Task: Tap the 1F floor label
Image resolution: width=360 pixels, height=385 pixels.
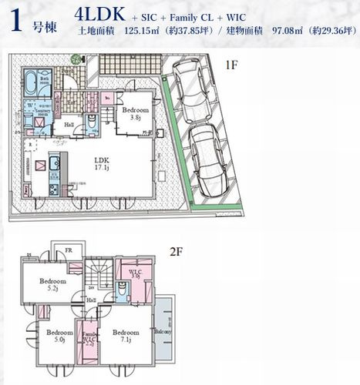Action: (x=230, y=66)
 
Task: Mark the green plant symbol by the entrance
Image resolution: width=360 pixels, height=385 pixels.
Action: (x=76, y=59)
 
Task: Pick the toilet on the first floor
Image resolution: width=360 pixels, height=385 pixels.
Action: (x=92, y=124)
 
